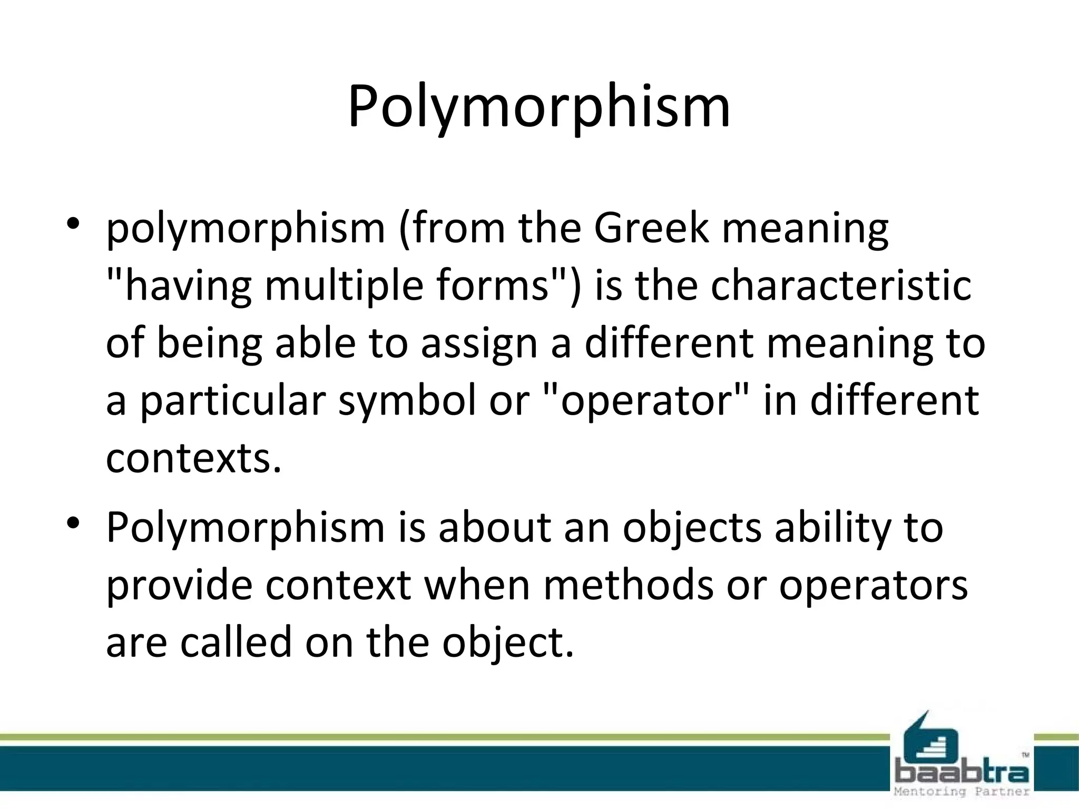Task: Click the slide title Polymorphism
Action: coord(539,108)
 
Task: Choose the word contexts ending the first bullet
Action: coord(193,458)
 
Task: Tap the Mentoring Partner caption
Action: coord(962,792)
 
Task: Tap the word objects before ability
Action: coord(692,528)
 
